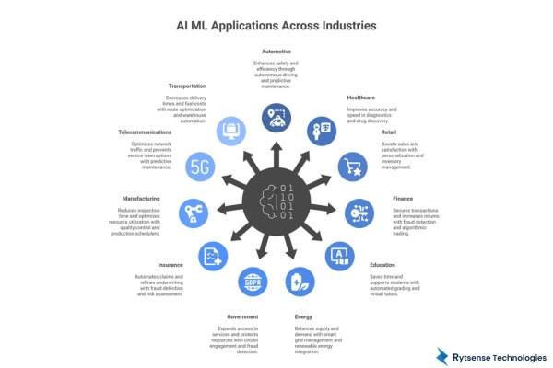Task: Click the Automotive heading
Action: pyautogui.click(x=276, y=52)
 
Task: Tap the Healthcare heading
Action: pyautogui.click(x=360, y=97)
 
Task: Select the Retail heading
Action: pyautogui.click(x=388, y=132)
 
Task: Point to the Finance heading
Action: pyautogui.click(x=403, y=198)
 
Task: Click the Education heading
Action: pyautogui.click(x=382, y=264)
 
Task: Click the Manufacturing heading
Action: pyautogui.click(x=143, y=198)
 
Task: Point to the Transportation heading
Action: pyautogui.click(x=187, y=86)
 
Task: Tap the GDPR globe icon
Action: pyautogui.click(x=253, y=280)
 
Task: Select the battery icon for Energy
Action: pyautogui.click(x=299, y=280)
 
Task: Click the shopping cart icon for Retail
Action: pyautogui.click(x=352, y=167)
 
